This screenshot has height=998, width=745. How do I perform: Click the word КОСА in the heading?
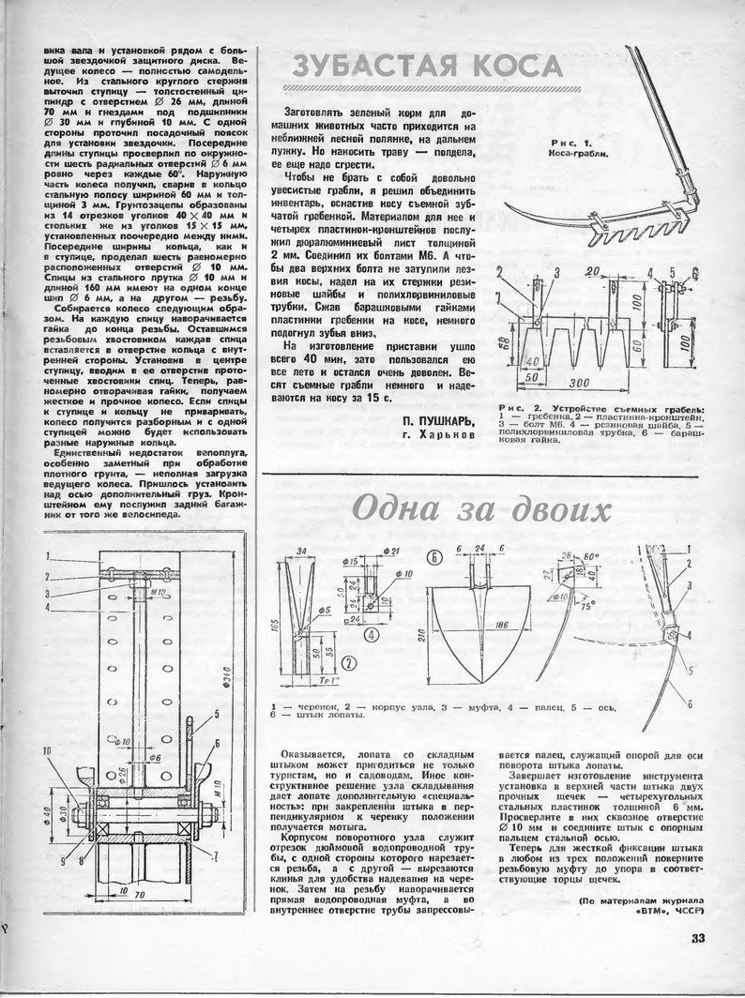coord(516,68)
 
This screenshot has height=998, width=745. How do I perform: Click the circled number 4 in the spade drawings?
coord(371,633)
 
